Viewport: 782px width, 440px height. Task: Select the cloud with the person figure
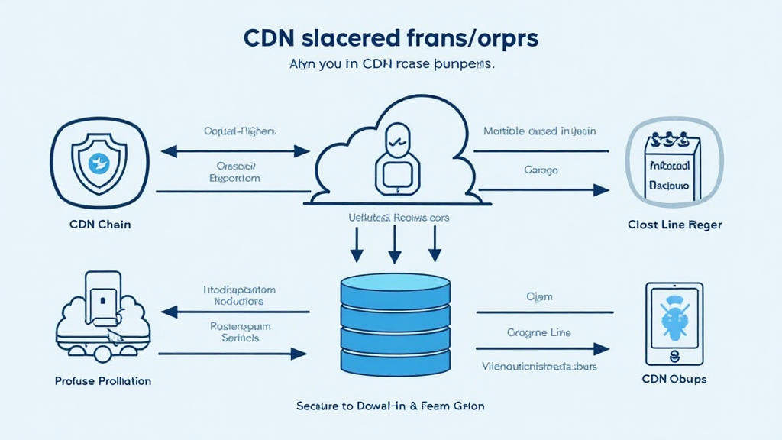(394, 157)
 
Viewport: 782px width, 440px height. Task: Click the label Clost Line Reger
(674, 225)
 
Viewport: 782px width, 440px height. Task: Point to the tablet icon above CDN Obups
(674, 325)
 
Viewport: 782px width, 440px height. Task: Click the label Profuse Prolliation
(103, 380)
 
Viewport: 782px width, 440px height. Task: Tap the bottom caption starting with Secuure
(390, 406)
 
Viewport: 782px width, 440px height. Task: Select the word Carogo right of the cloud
(541, 169)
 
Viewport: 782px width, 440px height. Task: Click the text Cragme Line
(538, 332)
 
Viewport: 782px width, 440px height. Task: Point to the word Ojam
(539, 296)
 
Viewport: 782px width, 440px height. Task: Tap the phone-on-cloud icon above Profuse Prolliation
(102, 313)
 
